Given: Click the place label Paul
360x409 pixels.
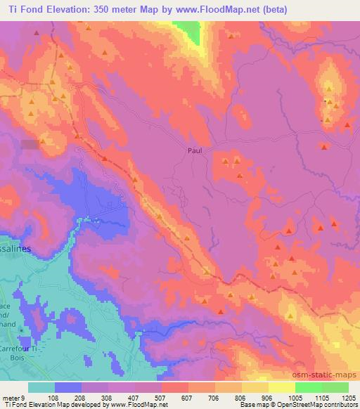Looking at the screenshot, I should click(195, 150).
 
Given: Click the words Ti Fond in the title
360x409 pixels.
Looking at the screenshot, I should click(24, 8).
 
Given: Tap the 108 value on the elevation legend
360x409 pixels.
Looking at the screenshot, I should click(53, 397).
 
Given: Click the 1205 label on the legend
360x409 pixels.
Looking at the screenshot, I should click(349, 397).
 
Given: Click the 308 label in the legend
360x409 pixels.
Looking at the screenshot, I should click(106, 397).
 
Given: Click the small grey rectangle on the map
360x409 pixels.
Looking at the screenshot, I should click(30, 144).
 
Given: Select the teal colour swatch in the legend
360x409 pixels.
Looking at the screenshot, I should click(41, 387).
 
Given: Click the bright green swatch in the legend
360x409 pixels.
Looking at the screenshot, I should click(309, 387).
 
